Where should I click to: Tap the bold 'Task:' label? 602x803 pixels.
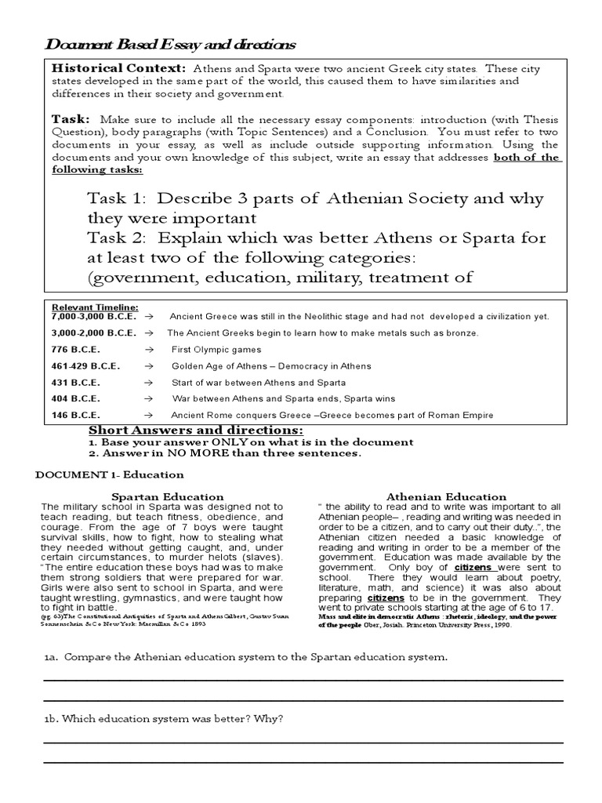tap(73, 118)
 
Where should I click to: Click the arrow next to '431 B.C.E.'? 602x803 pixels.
tap(147, 382)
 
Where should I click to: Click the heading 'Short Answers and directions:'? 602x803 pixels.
tap(194, 431)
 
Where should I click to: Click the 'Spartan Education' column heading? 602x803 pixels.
tap(168, 496)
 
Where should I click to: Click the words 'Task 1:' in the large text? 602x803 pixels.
tap(116, 198)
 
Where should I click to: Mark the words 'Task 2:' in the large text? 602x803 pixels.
tap(116, 238)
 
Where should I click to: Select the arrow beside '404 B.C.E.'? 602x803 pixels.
tap(147, 398)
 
